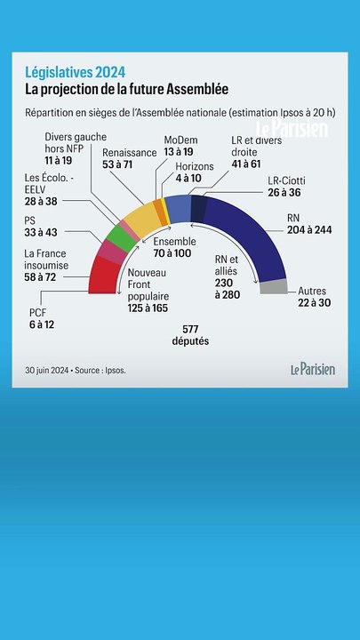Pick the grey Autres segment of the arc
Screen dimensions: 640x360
click(x=274, y=286)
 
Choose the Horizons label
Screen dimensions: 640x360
click(x=195, y=165)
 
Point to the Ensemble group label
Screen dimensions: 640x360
click(x=176, y=241)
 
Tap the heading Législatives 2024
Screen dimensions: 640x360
click(x=75, y=72)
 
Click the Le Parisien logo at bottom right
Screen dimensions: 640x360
click(x=313, y=369)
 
